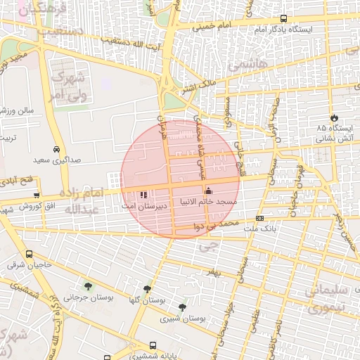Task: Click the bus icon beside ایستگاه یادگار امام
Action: click(x=283, y=19)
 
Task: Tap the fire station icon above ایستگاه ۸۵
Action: click(x=333, y=117)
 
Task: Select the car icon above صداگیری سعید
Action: click(x=56, y=149)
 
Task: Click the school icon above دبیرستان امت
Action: click(x=143, y=194)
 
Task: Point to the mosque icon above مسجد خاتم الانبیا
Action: click(x=207, y=191)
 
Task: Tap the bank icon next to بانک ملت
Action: click(x=260, y=219)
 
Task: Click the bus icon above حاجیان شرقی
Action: click(x=29, y=255)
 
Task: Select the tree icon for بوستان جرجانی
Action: click(x=88, y=286)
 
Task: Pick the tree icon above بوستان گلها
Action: click(x=147, y=289)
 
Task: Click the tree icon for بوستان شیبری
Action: click(x=183, y=307)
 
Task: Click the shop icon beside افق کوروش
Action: click(x=36, y=195)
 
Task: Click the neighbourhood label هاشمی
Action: click(x=254, y=63)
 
